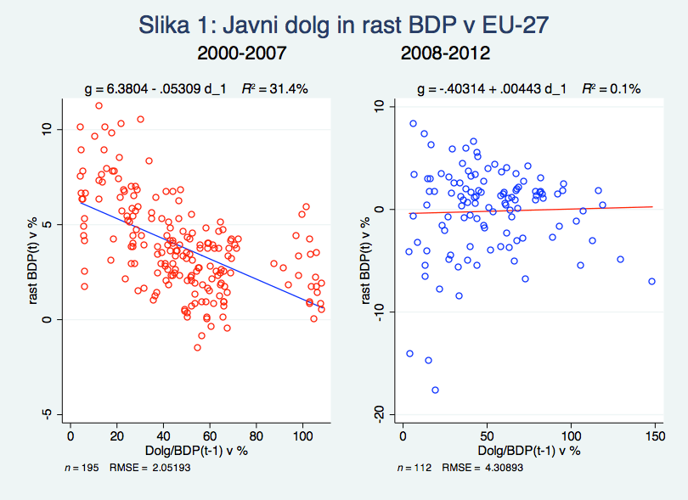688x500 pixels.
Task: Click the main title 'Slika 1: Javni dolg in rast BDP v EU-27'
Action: (x=343, y=25)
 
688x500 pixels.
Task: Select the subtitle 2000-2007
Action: (x=241, y=54)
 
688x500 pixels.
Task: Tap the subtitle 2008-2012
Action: (x=445, y=54)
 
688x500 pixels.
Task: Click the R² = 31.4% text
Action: (x=279, y=88)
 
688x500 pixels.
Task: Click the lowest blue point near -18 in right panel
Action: (x=435, y=390)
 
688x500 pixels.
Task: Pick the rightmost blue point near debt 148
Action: (x=651, y=281)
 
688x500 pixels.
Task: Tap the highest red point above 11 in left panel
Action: (x=99, y=106)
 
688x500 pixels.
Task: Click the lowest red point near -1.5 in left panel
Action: (x=197, y=347)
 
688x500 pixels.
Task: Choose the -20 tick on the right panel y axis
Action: (x=376, y=413)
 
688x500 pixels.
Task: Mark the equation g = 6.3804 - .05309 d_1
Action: (x=159, y=88)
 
